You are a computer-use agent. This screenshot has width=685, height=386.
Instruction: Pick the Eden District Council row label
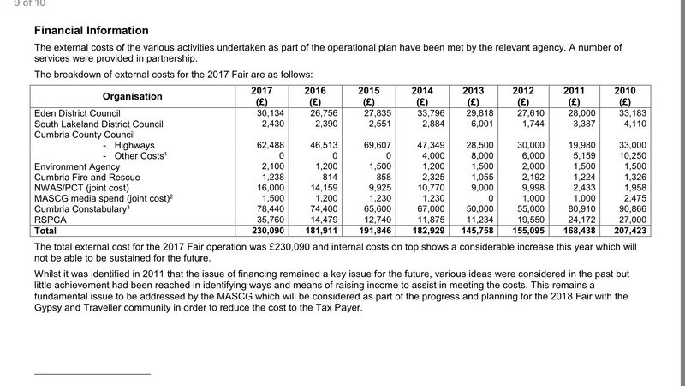pyautogui.click(x=77, y=113)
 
